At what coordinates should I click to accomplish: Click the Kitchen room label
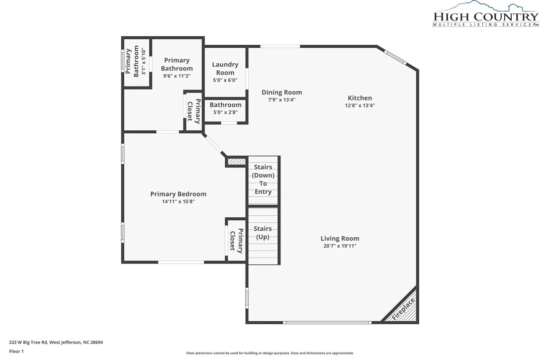click(x=360, y=98)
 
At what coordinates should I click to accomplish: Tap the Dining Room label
click(x=282, y=92)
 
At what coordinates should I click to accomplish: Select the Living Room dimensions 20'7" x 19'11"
click(x=340, y=246)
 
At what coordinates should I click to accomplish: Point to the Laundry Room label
click(x=225, y=68)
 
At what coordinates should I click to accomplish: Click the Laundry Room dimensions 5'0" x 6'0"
click(x=225, y=80)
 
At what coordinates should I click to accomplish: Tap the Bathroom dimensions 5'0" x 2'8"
click(x=226, y=112)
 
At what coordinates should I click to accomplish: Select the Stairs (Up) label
click(x=263, y=233)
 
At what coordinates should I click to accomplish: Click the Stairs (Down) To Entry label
click(x=263, y=179)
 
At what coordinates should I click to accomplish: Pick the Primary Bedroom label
click(x=179, y=194)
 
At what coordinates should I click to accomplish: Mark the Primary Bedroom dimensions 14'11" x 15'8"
click(x=179, y=201)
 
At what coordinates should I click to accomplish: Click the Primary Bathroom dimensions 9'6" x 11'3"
click(x=177, y=76)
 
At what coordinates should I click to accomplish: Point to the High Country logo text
click(x=486, y=16)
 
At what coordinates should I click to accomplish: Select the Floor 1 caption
click(x=16, y=352)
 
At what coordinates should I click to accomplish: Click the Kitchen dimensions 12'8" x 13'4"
click(x=360, y=106)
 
